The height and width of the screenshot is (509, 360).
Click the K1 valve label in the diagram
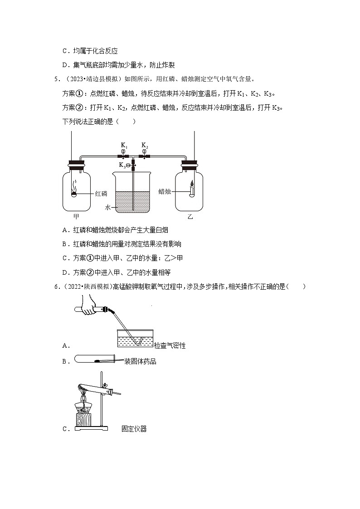click(123, 145)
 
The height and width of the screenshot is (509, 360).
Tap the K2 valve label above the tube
click(145, 145)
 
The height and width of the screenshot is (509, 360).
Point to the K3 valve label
click(122, 165)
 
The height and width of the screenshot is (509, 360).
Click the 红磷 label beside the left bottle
click(101, 194)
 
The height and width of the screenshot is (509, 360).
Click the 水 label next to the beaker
click(108, 207)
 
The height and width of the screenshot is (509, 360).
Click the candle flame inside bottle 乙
click(192, 183)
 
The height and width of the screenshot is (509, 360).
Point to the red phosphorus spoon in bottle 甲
click(74, 194)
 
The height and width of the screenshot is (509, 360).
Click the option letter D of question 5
click(64, 272)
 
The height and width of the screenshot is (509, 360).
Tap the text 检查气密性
click(170, 346)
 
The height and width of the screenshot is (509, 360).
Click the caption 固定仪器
click(134, 429)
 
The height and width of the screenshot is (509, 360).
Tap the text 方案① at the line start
click(71, 94)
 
